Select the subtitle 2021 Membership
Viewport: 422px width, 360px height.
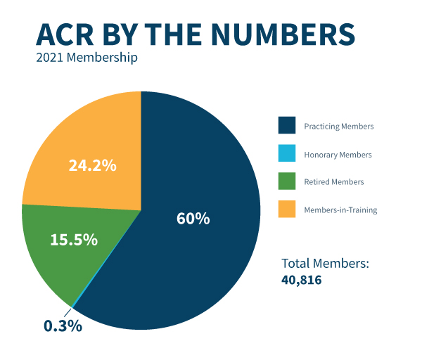[x=87, y=57]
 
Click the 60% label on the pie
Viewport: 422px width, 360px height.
[x=193, y=218]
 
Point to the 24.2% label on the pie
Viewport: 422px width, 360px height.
[x=92, y=166]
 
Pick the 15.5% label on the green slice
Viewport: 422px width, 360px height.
[x=73, y=239]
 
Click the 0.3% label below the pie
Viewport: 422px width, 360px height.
[x=63, y=326]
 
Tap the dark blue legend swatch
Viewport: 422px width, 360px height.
[x=286, y=126]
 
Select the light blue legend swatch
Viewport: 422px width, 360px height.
[x=286, y=154]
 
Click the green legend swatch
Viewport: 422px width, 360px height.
[x=286, y=181]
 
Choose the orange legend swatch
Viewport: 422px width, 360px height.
[x=286, y=209]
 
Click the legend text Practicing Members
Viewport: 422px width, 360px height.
[x=338, y=127]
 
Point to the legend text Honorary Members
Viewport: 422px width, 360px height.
[x=338, y=154]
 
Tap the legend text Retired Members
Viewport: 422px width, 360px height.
[x=333, y=181]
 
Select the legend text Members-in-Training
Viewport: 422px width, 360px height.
[x=340, y=210]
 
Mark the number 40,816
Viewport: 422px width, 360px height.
[x=302, y=279]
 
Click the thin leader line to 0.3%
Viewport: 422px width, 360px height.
[x=69, y=311]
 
